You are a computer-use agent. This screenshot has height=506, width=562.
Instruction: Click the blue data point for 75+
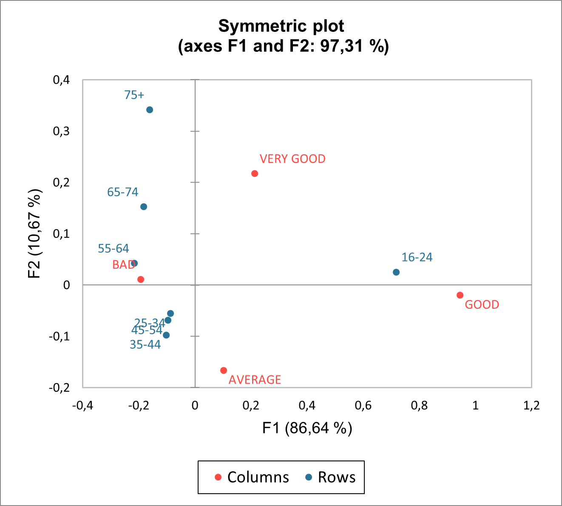[150, 110]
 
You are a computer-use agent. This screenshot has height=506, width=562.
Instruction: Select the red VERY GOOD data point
[255, 173]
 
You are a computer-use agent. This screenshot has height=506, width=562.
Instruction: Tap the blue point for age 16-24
[396, 272]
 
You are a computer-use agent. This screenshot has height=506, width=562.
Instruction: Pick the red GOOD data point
[460, 295]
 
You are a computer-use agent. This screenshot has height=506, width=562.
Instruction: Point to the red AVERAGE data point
[224, 370]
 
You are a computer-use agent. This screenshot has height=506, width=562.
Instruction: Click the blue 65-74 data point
[144, 207]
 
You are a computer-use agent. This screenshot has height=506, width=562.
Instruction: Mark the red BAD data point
[141, 279]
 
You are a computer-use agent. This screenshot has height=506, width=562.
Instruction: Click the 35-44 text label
[145, 344]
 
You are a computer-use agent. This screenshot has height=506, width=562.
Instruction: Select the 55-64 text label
[113, 248]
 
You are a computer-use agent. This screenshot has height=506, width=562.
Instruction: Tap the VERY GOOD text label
[292, 159]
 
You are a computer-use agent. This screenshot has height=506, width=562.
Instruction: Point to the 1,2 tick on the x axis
[531, 405]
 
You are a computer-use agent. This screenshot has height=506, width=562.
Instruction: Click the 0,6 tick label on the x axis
[363, 405]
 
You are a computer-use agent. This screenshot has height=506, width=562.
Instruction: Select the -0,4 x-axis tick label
[82, 405]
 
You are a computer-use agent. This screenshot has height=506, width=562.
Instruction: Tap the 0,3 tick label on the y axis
[61, 131]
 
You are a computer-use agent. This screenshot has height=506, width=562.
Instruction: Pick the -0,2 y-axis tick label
[60, 388]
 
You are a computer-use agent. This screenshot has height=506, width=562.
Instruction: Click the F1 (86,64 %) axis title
[307, 428]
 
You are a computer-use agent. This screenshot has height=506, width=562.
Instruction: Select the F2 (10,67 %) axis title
[35, 233]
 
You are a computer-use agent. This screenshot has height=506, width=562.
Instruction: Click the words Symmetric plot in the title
[281, 26]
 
